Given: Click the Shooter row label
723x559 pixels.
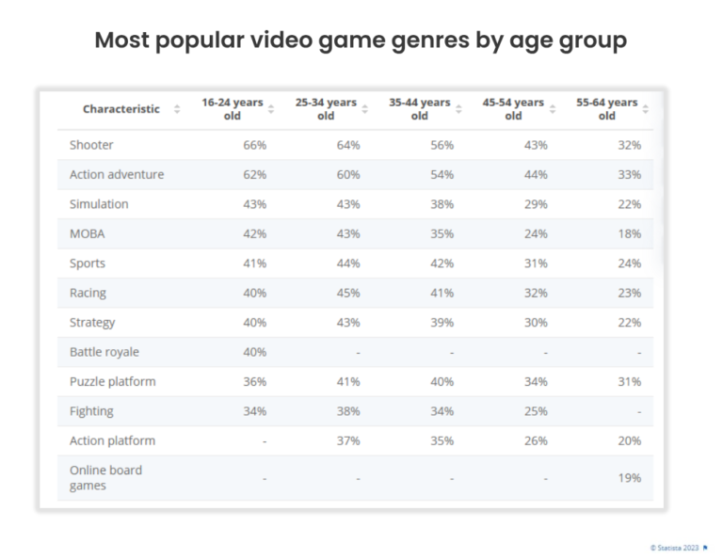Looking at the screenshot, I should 91,145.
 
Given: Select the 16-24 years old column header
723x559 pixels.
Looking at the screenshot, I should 232,109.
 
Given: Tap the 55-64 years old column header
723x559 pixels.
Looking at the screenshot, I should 606,109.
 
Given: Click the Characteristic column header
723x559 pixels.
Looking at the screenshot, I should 121,109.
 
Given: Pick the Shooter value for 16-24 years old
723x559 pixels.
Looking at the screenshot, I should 254,145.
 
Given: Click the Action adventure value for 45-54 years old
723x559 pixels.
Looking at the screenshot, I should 535,175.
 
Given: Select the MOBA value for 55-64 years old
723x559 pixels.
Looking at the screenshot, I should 629,233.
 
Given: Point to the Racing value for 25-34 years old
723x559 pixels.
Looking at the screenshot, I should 347,293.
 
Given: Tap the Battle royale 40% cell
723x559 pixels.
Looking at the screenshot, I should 254,352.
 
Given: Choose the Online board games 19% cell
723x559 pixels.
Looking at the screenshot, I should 629,478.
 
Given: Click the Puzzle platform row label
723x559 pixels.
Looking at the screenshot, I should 112,381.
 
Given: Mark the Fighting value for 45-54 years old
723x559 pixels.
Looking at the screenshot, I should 535,411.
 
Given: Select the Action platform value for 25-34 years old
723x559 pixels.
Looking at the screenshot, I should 347,440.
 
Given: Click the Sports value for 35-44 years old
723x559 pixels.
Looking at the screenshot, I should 442,264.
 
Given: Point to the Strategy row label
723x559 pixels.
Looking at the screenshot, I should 92,323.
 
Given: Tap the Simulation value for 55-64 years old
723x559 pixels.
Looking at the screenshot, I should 629,204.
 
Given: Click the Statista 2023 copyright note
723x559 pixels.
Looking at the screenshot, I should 674,547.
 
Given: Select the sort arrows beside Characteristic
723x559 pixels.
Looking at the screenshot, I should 177,109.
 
